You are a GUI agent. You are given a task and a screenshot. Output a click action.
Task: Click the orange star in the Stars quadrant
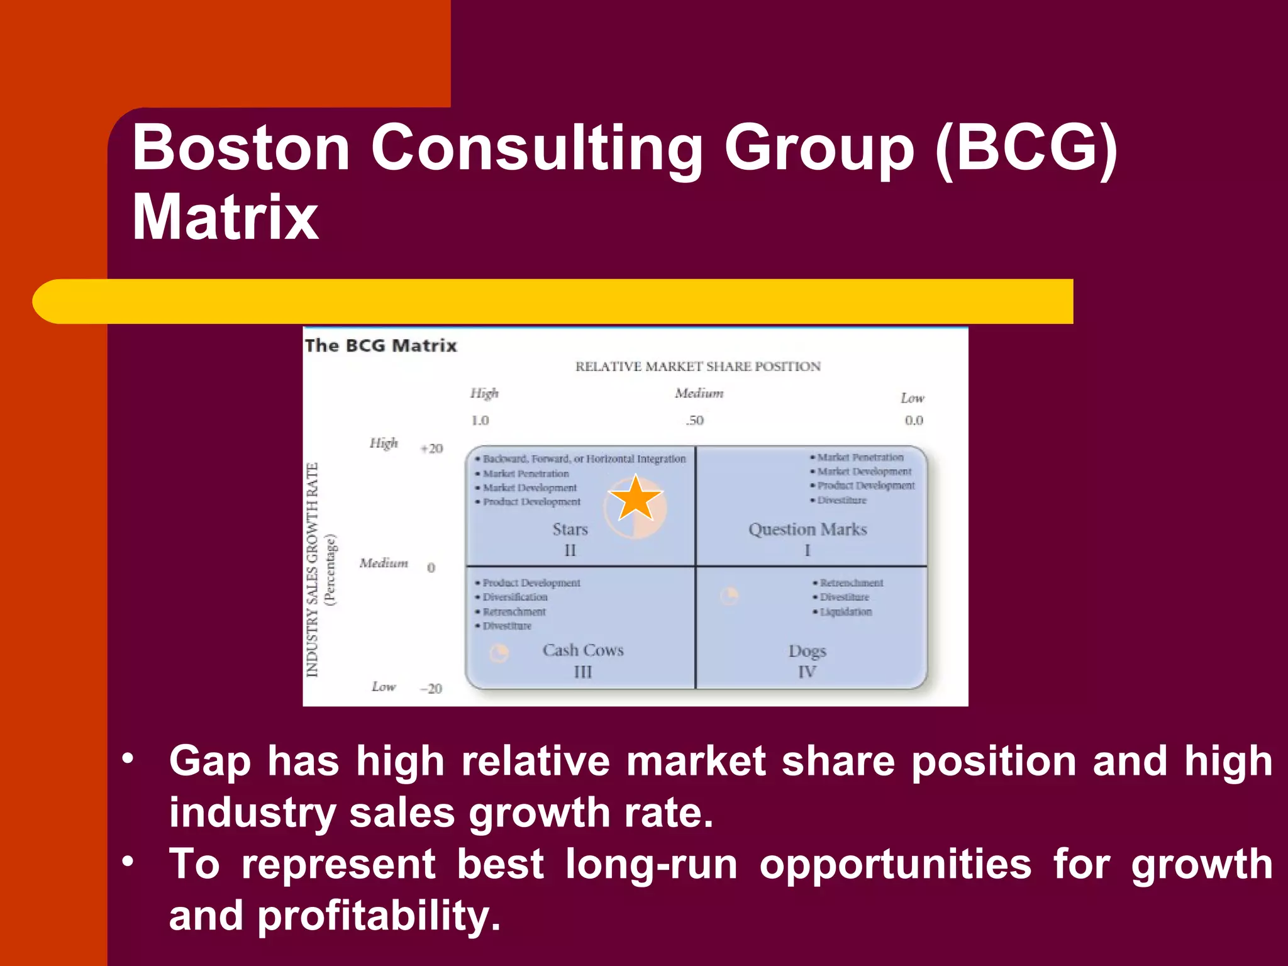point(636,499)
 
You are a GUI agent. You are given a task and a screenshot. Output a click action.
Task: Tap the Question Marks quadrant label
point(808,530)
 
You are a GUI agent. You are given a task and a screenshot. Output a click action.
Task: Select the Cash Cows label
point(583,650)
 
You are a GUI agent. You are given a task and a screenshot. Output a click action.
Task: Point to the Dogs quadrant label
point(808,651)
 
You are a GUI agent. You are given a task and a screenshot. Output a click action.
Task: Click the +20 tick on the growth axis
point(431,448)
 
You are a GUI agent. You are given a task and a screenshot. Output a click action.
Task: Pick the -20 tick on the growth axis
point(431,689)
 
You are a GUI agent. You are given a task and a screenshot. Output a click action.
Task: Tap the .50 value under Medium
point(694,420)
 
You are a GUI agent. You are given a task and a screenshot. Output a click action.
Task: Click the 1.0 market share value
point(480,420)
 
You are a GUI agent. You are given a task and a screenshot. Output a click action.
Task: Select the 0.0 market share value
point(914,420)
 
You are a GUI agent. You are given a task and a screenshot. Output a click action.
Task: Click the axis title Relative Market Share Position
point(697,367)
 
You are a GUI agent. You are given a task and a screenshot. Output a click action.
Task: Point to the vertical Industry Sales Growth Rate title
point(313,570)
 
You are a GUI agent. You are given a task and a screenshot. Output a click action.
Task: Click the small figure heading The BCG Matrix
point(380,346)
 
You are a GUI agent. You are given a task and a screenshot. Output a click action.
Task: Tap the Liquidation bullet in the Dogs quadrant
point(845,611)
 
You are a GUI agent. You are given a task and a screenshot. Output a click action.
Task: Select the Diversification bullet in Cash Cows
point(514,597)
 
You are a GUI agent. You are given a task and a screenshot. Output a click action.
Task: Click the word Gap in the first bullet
point(209,761)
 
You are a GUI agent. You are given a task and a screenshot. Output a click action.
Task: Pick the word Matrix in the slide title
point(225,216)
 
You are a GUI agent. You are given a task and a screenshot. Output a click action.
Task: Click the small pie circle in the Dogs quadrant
point(729,595)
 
